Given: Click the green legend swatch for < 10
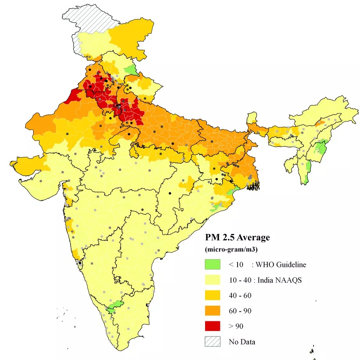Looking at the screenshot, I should (x=213, y=265).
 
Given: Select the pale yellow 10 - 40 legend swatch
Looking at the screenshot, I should (x=213, y=280).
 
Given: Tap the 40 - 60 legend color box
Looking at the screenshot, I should (x=213, y=295).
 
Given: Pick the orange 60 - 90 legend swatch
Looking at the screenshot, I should (x=213, y=311).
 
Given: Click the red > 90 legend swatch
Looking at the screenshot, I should (x=213, y=326).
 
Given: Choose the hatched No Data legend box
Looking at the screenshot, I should (x=213, y=342).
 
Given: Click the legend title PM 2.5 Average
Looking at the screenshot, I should (x=238, y=238).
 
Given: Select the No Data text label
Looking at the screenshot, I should (x=242, y=342).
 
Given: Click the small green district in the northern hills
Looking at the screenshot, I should (x=130, y=70).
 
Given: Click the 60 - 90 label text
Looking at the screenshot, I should (x=240, y=311).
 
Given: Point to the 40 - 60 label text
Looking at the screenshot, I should (x=240, y=295).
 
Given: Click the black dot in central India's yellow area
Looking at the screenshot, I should (x=170, y=193).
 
